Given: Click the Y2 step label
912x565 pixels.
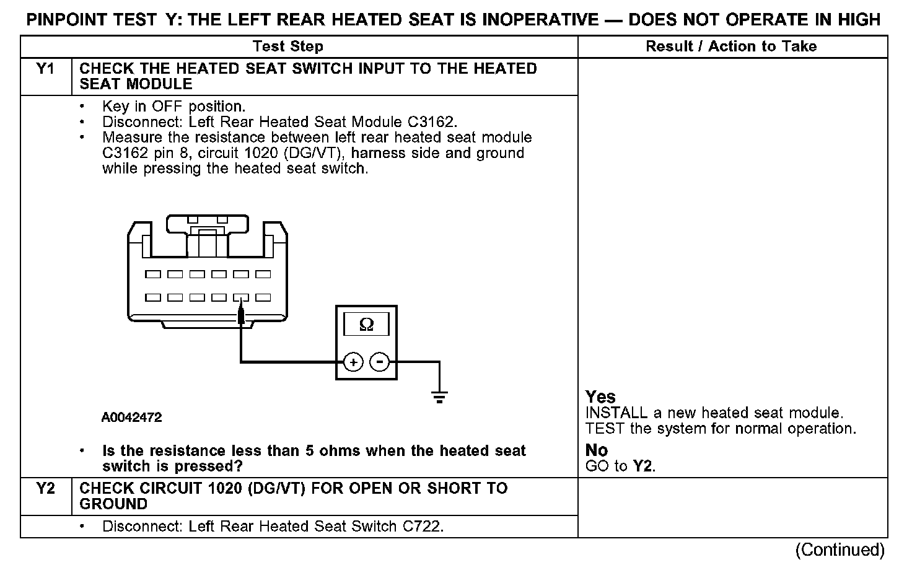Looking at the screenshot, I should coord(46,489).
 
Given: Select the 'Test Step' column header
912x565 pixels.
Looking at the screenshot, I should coord(288,46).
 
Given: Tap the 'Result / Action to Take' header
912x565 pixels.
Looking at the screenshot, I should coord(731,46).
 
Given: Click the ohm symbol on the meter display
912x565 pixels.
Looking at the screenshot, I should coord(366,325).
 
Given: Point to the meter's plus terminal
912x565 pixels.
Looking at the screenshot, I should coord(353,362).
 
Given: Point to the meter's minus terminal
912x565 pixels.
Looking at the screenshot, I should coord(380,362).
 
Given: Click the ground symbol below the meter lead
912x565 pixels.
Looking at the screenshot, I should coord(439,396).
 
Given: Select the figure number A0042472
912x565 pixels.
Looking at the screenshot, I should coord(131,418).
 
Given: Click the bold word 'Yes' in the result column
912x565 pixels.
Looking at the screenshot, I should coord(600,396).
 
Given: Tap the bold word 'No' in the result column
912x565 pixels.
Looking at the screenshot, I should coord(597,450).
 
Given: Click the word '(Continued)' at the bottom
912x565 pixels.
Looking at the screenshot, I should coord(840,550).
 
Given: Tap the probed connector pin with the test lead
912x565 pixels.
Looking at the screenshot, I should coord(241,298).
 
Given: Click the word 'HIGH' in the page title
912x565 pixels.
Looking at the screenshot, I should coord(858,20).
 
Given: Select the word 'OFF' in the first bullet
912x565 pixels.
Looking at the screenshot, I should coord(167,107).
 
